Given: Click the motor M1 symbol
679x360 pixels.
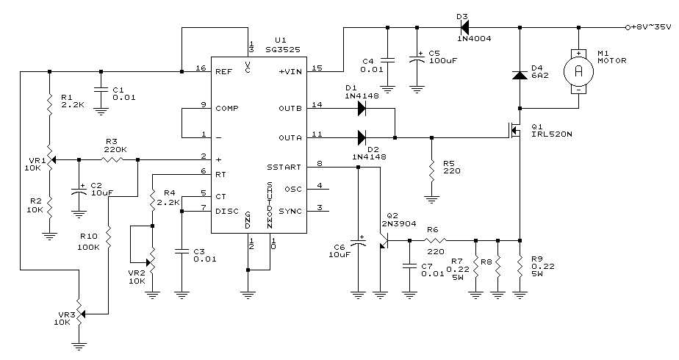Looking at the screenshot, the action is coord(578,71).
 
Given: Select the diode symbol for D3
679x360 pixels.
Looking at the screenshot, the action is coord(465,28).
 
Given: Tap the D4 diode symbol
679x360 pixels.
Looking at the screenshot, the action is coord(520,74).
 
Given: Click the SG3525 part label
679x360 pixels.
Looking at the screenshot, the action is coord(283,50).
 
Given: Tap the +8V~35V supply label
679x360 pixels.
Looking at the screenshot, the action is coord(651,27).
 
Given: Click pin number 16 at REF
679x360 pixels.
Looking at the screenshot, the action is coord(201,68).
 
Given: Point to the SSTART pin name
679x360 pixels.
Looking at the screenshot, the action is coord(284,167).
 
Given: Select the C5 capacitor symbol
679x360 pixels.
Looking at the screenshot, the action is coord(417,60).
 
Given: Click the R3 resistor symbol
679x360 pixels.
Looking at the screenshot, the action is coord(112,159).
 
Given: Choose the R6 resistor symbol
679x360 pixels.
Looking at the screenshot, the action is coord(435,240).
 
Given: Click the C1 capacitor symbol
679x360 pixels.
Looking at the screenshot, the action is coord(101,90).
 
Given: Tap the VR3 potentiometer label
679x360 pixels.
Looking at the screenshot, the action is coord(65,314).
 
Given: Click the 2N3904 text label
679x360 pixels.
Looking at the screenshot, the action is coord(399,223).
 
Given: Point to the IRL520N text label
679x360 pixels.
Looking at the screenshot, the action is coord(551,134).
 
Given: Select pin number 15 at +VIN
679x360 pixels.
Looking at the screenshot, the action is coord(317,68).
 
